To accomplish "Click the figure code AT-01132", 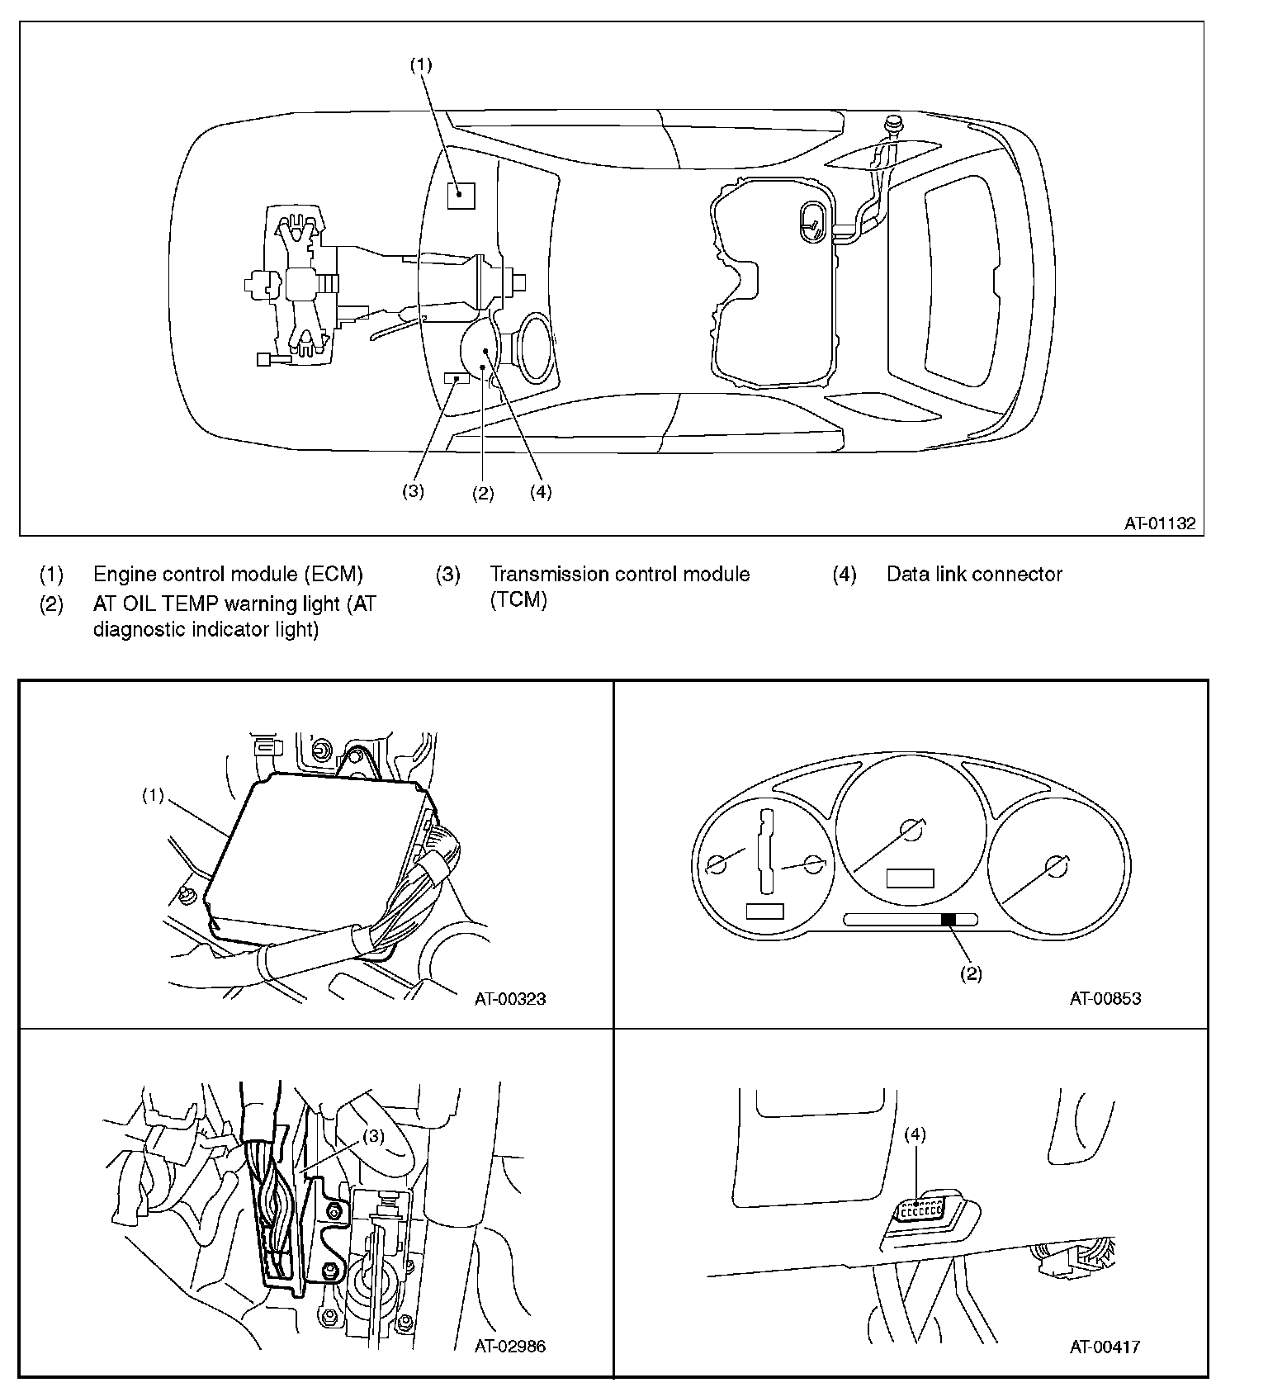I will click(1159, 523).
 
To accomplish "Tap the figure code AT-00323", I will click(510, 999).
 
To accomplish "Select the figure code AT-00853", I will click(1105, 999).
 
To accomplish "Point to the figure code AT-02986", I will click(510, 1347).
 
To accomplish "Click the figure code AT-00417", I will click(1105, 1347).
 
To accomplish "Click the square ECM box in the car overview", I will click(461, 195).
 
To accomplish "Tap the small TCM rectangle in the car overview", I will click(457, 377).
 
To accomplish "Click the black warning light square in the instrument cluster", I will click(949, 919).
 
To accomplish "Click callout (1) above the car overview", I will click(422, 65).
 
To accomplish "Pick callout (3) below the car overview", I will click(413, 491).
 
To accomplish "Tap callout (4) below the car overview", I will click(540, 492).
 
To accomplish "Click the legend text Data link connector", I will click(974, 575).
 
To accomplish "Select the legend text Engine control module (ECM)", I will click(228, 575).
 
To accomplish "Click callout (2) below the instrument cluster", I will click(971, 974).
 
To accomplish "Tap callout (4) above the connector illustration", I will click(915, 1134).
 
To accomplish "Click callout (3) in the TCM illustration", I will click(373, 1136).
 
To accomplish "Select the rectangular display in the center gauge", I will click(910, 878).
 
